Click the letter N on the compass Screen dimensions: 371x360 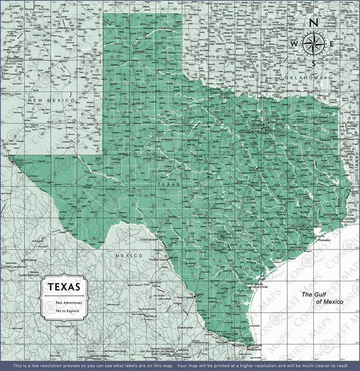click(x=313, y=23)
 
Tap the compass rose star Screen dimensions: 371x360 click(x=313, y=43)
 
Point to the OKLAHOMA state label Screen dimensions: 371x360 click(x=303, y=78)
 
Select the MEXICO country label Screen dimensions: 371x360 click(x=129, y=255)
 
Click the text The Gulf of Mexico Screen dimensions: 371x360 click(x=322, y=298)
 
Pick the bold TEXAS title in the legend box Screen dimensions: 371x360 click(x=64, y=287)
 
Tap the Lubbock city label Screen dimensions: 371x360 click(x=139, y=103)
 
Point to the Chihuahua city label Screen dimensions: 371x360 click(x=30, y=261)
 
